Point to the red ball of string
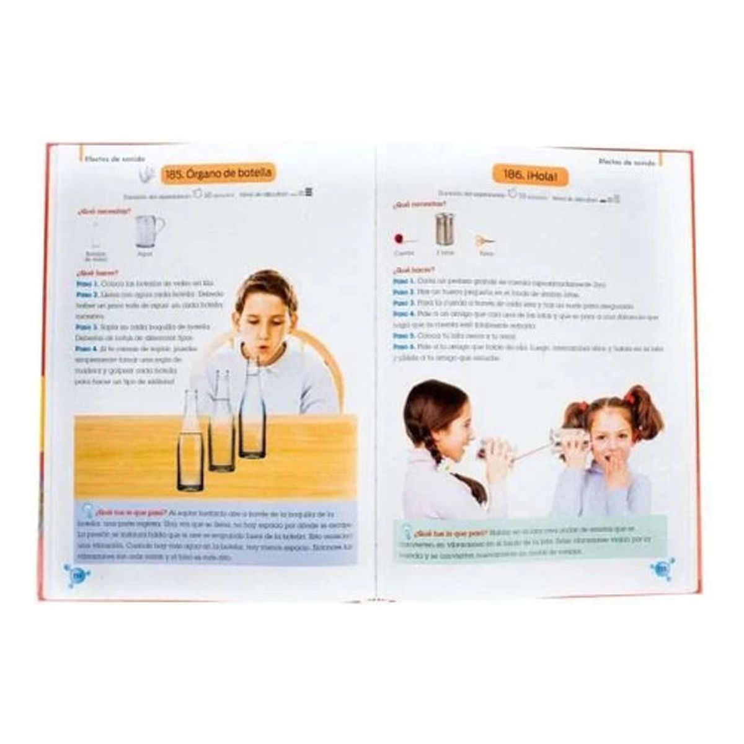[398, 238]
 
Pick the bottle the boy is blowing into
[252, 409]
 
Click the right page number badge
[661, 569]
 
